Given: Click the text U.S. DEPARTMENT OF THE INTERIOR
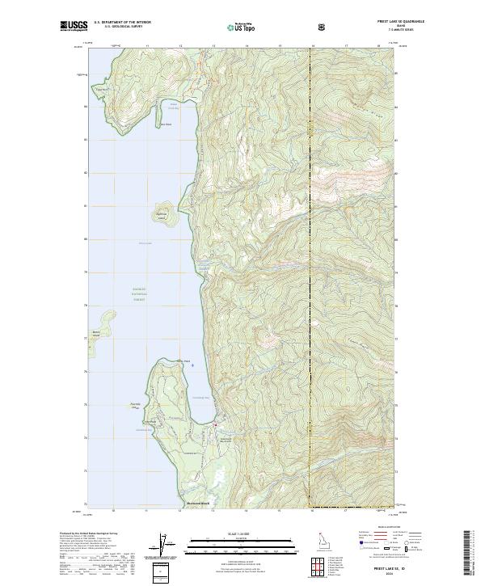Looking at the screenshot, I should (122, 23).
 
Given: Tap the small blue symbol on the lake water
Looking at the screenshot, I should (192, 365).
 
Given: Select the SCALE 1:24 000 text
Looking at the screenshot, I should (232, 533).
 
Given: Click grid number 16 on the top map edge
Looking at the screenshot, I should (312, 47).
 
